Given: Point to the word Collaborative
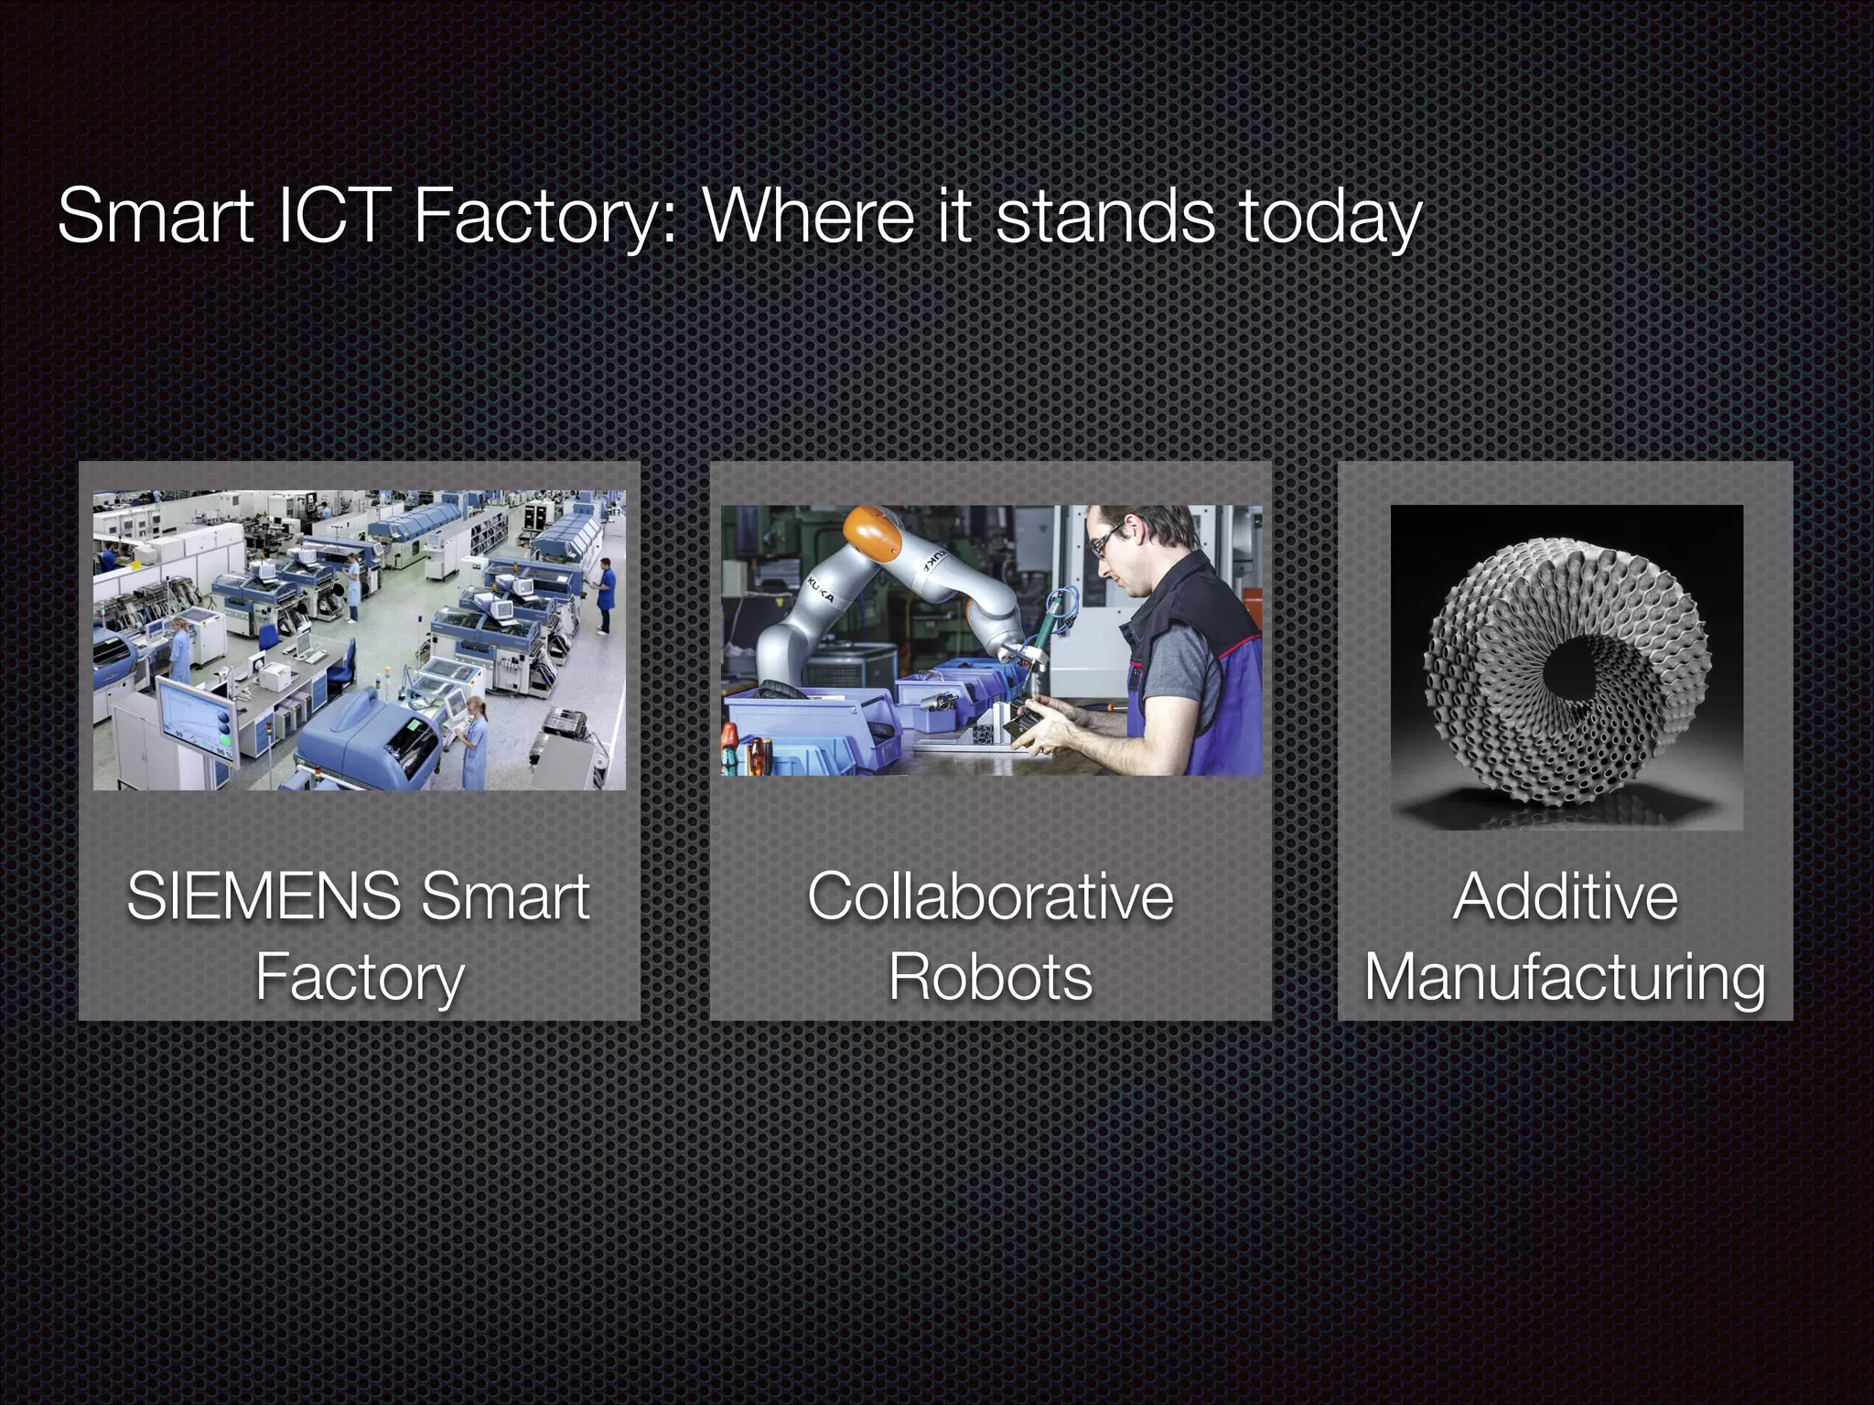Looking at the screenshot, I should point(990,896).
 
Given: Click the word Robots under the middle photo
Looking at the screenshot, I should point(990,977).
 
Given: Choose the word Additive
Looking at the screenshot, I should point(1565,896).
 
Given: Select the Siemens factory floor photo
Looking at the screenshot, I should point(359,640).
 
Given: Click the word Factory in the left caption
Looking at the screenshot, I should point(359,977).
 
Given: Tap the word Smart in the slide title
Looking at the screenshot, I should point(156,216).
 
